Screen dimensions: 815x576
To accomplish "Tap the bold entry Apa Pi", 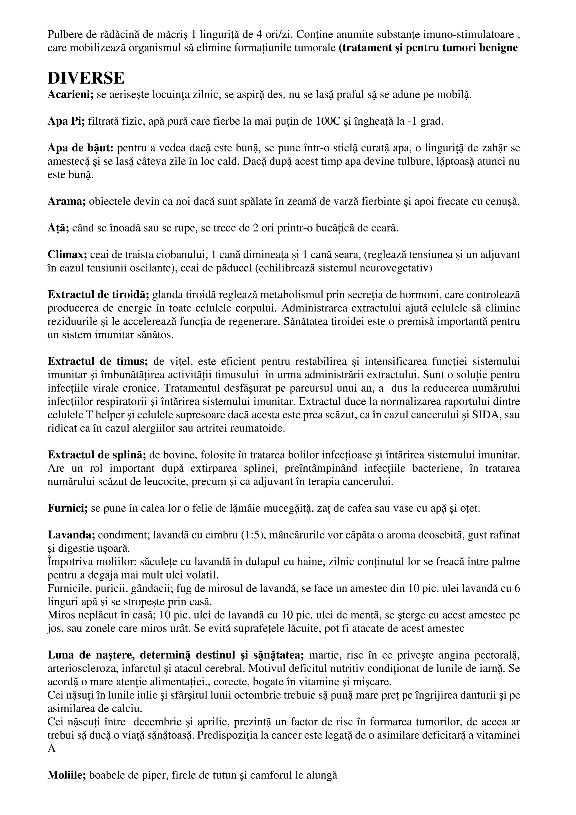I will pos(66,122).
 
